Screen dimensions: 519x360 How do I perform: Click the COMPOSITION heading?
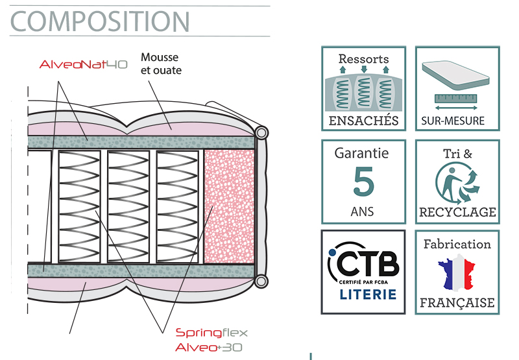100,21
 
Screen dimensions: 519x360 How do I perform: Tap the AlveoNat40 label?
84,64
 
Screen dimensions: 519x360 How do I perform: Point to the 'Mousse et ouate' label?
161,64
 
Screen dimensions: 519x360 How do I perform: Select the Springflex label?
211,333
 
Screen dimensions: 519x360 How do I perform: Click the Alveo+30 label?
209,348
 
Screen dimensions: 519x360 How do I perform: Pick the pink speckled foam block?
229,206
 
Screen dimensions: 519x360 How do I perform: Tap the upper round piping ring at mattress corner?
261,133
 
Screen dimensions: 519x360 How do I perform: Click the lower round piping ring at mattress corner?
261,282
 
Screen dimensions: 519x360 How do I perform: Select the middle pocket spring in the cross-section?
128,206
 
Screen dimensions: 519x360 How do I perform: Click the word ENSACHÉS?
363,121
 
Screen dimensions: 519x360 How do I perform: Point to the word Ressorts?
363,59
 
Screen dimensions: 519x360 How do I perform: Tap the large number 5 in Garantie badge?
363,182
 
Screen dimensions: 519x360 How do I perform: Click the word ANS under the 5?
363,211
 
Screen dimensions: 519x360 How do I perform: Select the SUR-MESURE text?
453,121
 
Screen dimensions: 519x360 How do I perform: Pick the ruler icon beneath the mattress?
456,99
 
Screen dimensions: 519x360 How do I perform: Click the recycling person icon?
456,183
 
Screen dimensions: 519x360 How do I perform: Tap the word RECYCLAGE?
457,212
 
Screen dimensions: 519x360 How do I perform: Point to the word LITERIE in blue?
368,294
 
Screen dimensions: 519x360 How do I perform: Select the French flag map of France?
457,272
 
